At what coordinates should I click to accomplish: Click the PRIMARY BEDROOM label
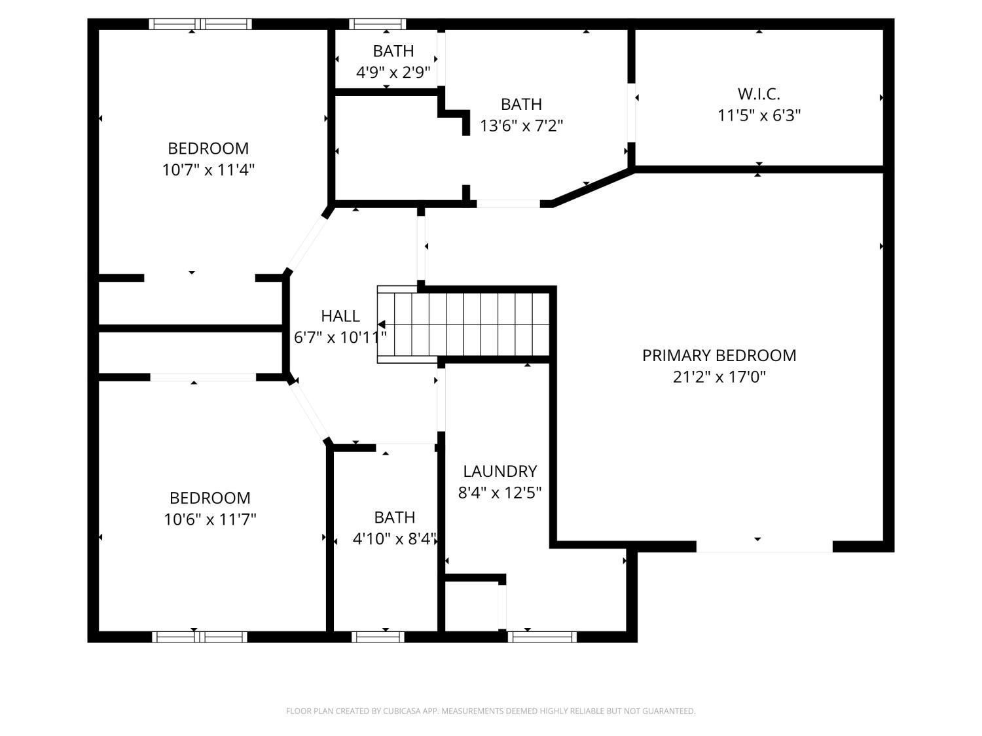point(719,355)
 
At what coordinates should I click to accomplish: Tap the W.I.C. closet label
point(759,94)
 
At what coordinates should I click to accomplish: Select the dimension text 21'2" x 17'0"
point(719,377)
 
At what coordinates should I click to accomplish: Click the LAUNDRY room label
point(500,471)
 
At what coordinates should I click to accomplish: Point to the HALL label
point(340,316)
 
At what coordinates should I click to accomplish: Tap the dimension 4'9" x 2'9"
point(393,72)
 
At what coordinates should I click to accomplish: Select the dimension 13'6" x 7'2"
point(521,126)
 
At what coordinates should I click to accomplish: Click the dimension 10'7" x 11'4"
point(208,169)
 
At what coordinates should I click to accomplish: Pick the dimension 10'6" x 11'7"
point(209,519)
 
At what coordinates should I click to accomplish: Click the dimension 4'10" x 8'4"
point(394,539)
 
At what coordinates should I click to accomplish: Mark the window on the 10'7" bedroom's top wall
point(200,24)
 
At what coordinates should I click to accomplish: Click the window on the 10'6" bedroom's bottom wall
point(200,637)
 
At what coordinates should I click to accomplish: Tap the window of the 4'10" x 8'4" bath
point(378,637)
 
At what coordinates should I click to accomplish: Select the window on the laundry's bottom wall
point(542,637)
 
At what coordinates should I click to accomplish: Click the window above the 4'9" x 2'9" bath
point(377,24)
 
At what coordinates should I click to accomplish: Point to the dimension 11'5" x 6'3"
point(759,115)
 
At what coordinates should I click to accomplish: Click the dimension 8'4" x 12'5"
point(500,493)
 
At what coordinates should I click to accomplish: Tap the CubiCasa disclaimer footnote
point(490,711)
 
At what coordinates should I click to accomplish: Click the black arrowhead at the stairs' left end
point(381,324)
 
